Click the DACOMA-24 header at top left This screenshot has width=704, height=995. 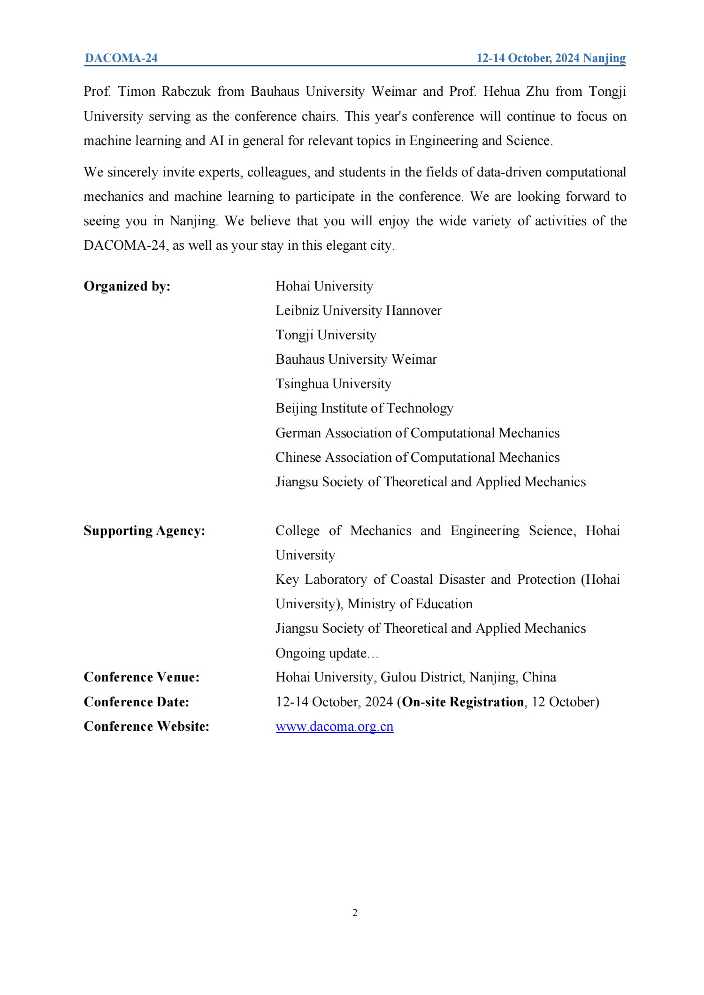pos(121,58)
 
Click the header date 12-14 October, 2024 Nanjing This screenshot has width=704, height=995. pos(551,58)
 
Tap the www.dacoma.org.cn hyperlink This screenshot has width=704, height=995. pos(334,727)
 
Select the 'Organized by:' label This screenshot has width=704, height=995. pos(127,286)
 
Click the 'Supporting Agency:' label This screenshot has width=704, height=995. pos(144,531)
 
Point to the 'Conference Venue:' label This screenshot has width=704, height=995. pos(141,677)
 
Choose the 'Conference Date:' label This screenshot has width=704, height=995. pos(136,702)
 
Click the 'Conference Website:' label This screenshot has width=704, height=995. pos(146,727)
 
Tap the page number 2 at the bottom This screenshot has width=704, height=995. pos(355,913)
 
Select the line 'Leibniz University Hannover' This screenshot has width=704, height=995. pos(358,311)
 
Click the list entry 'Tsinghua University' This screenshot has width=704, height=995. pos(333,384)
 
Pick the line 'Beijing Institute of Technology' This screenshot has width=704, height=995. pos(364,408)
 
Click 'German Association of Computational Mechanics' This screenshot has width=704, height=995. pos(417,433)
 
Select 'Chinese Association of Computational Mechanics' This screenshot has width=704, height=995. pos(417,458)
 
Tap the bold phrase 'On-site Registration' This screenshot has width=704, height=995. pos(463,702)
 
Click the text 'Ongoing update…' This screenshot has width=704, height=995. pos(327,653)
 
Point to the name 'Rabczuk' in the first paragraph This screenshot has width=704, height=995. pos(186,92)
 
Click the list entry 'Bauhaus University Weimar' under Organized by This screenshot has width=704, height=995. pos(356,360)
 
